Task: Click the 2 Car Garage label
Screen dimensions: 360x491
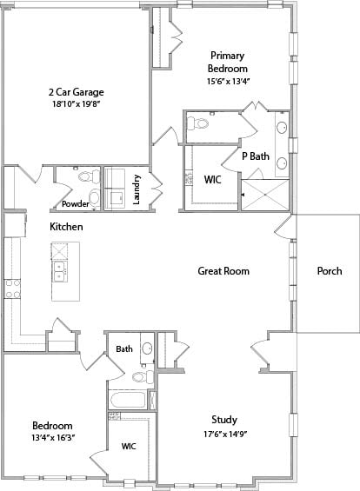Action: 77,92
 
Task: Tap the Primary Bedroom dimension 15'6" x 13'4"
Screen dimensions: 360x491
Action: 228,82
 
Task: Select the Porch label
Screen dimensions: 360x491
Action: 330,271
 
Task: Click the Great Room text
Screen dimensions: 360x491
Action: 223,271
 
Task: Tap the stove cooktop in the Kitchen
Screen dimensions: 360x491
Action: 12,289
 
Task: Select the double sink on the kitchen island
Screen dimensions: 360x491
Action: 59,271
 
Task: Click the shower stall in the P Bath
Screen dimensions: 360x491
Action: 265,195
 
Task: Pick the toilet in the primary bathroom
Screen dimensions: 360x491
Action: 198,123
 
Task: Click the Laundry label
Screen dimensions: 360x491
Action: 137,189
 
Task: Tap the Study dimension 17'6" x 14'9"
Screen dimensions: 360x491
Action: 225,435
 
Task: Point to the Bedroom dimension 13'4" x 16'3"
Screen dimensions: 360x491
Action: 53,437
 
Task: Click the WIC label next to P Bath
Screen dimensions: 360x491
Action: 212,180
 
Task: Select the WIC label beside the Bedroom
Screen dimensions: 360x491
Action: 129,446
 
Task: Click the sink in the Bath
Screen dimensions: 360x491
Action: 147,348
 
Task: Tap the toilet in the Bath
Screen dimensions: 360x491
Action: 143,376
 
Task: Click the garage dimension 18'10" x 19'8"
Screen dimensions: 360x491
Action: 77,104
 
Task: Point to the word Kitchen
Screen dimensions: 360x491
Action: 66,227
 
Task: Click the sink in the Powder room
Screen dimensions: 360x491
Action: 94,197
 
